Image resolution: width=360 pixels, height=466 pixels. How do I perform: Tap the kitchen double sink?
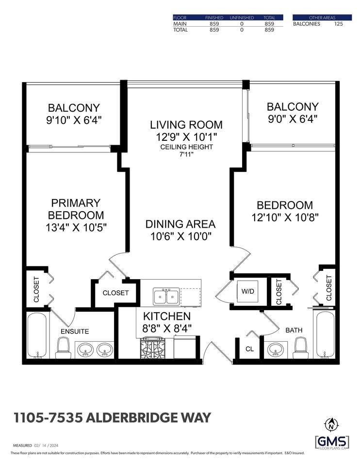coord(166,296)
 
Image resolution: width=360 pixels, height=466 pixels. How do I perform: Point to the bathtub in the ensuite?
coord(37,335)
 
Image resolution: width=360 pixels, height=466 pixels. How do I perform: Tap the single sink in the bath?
coord(277,349)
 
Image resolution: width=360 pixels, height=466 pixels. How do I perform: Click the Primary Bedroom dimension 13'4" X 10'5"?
coord(76,227)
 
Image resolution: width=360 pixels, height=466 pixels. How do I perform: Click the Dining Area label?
coord(180,224)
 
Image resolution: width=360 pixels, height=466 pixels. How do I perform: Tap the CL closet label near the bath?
coord(250,349)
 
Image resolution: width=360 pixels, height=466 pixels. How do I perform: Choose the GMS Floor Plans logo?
coord(332,442)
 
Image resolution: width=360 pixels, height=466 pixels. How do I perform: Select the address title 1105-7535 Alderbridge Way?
coord(112,417)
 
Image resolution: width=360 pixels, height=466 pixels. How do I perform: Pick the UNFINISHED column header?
coord(242,17)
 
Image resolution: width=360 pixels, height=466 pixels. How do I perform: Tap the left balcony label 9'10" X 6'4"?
coord(74,119)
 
